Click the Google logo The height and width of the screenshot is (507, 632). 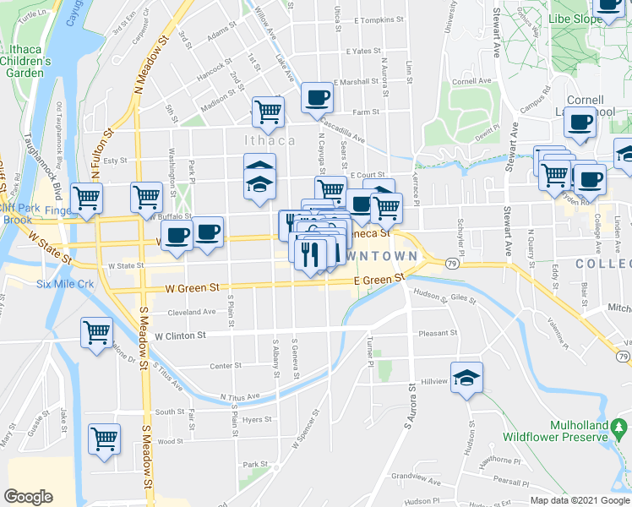click(x=28, y=497)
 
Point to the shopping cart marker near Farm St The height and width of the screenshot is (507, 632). click(x=268, y=111)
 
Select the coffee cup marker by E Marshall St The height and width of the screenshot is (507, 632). click(x=317, y=98)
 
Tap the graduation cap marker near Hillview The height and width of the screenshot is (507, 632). click(x=466, y=378)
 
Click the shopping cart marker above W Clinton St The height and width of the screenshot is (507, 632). click(x=97, y=331)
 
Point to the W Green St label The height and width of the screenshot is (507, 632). click(x=198, y=287)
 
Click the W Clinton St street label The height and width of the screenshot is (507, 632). click(x=181, y=335)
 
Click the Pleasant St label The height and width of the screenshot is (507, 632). click(x=438, y=333)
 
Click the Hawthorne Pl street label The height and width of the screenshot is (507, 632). click(x=504, y=461)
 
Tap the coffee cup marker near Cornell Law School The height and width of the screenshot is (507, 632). click(x=580, y=123)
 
